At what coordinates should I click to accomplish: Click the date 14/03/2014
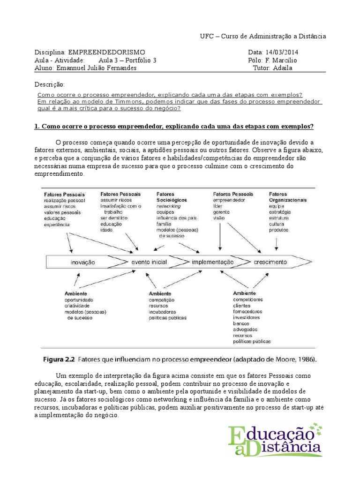coord(282,52)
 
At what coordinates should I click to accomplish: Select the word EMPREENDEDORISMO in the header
coord(106,52)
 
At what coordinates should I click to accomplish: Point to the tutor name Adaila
coord(287,68)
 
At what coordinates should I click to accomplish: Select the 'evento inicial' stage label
coord(149,262)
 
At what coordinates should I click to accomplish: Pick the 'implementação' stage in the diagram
coord(212,262)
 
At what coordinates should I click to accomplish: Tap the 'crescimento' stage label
coord(270,262)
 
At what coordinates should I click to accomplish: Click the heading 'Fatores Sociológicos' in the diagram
coord(172,197)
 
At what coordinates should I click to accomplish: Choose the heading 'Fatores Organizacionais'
coord(288,197)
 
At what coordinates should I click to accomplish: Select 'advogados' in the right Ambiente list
coord(245,330)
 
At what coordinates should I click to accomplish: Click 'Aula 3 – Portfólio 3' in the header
coord(127,60)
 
